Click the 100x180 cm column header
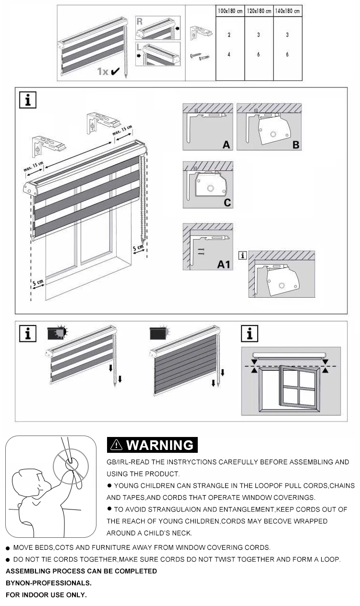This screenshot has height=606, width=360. tap(230, 11)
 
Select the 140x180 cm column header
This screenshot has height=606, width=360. tap(288, 11)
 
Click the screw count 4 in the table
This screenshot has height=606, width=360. tap(229, 55)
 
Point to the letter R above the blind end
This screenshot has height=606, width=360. tap(139, 22)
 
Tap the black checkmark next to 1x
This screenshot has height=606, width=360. tap(115, 72)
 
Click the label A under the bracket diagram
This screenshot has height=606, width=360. tap(226, 145)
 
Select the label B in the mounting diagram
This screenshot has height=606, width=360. tap(296, 145)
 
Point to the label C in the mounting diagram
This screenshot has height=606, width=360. tap(227, 203)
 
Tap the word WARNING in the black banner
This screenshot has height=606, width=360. tap(159, 445)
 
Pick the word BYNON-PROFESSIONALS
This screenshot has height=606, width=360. tap(48, 583)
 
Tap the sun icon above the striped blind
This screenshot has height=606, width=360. tap(61, 331)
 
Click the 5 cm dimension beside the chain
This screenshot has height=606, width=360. tap(138, 248)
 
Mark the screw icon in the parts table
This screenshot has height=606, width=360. tap(200, 57)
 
